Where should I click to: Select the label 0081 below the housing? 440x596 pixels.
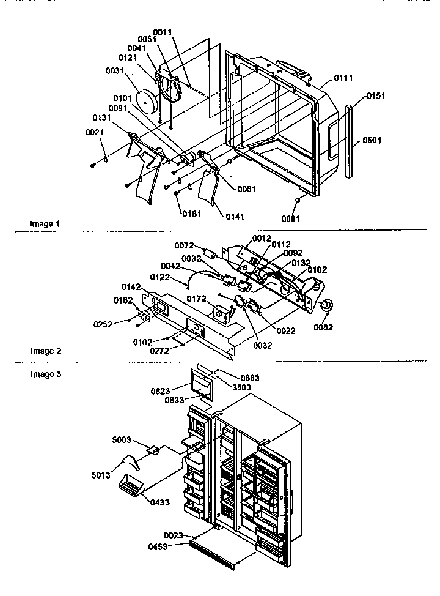[x=290, y=218]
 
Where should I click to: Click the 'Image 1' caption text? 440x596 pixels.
[x=45, y=224]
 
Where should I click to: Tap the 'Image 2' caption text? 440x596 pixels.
[x=46, y=351]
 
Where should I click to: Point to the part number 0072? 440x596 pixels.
[x=184, y=245]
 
